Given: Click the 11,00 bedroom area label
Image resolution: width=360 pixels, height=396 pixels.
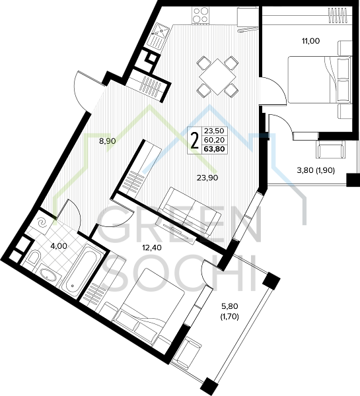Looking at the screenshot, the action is pos(310,41).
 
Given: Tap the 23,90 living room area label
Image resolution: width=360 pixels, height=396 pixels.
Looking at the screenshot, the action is pos(207,178).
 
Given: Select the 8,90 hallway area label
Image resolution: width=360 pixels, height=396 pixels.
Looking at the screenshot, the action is pos(108,141).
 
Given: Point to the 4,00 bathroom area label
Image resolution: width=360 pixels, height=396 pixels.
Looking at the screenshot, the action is pos(59,246).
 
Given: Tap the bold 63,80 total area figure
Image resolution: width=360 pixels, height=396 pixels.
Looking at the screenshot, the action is pos(214,149).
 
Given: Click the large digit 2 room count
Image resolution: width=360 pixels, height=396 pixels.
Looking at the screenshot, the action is pos(194,141).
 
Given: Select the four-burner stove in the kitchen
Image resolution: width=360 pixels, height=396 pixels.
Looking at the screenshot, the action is pos(201,15).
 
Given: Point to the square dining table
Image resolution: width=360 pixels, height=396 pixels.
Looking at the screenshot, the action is pos(217,77).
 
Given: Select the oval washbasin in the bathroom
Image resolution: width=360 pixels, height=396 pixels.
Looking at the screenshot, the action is pos(49,275).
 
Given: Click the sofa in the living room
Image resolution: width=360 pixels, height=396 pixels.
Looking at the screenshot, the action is pos(188,212).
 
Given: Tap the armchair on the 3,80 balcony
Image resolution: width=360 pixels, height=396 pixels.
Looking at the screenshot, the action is pos(330,149).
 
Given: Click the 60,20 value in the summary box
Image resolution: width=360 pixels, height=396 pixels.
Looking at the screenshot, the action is pos(215,140).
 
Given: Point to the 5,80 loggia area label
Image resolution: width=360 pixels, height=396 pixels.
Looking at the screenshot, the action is pos(230,306).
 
